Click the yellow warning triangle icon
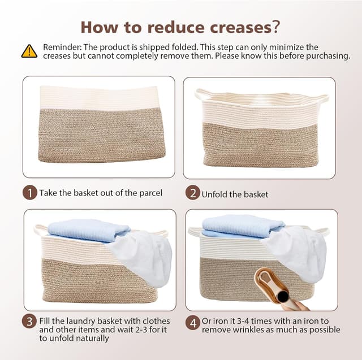pyautogui.click(x=29, y=51)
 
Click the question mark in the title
pyautogui.click(x=276, y=27)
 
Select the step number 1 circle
pyautogui.click(x=30, y=193)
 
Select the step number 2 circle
pyautogui.click(x=193, y=193)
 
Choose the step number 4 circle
pyautogui.click(x=193, y=323)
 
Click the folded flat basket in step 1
pyautogui.click(x=102, y=125)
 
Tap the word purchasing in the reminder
pyautogui.click(x=327, y=56)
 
